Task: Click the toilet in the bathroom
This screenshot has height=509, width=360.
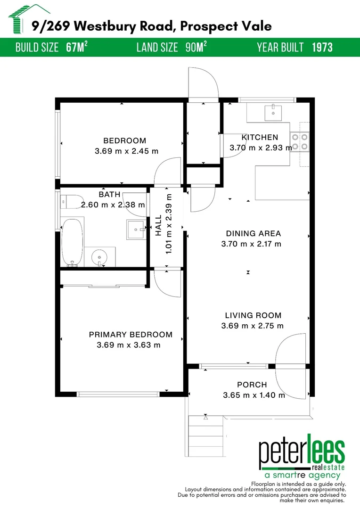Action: click(x=72, y=202)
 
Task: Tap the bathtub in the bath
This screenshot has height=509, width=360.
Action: click(x=72, y=242)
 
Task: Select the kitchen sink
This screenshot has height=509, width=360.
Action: click(x=273, y=112)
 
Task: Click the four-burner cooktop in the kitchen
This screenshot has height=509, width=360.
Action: click(x=300, y=142)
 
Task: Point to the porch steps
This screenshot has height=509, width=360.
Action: click(x=206, y=435)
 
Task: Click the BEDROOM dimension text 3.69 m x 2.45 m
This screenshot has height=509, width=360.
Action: click(x=127, y=151)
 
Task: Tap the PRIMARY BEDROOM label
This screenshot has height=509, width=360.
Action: click(x=131, y=334)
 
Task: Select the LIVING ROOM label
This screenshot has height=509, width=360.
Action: click(x=253, y=315)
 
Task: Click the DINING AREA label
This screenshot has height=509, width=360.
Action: click(x=253, y=233)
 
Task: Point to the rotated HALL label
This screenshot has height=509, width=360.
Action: click(x=158, y=225)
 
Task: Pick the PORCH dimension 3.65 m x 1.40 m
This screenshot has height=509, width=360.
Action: click(x=254, y=395)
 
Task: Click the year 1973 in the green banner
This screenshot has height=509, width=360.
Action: click(x=322, y=48)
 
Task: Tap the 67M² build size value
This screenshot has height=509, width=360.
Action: click(x=77, y=47)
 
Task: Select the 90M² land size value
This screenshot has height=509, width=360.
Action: click(x=196, y=47)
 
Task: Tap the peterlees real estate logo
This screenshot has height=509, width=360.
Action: click(x=302, y=456)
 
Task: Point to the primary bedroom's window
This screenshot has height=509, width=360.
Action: click(x=118, y=394)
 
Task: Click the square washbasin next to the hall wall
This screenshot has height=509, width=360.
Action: click(x=136, y=230)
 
